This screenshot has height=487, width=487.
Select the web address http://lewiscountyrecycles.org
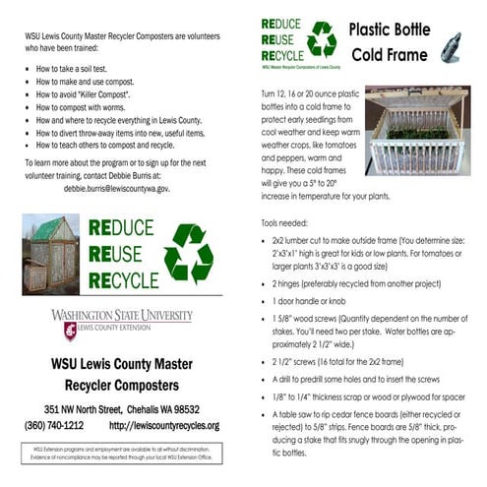[x=164, y=425]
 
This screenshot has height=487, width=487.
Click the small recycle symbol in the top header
[x=321, y=39]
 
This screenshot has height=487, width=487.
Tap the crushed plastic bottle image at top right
[x=453, y=44]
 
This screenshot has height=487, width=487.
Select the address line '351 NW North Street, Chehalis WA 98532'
[x=122, y=409]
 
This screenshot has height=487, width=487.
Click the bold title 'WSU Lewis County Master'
[x=121, y=361]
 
